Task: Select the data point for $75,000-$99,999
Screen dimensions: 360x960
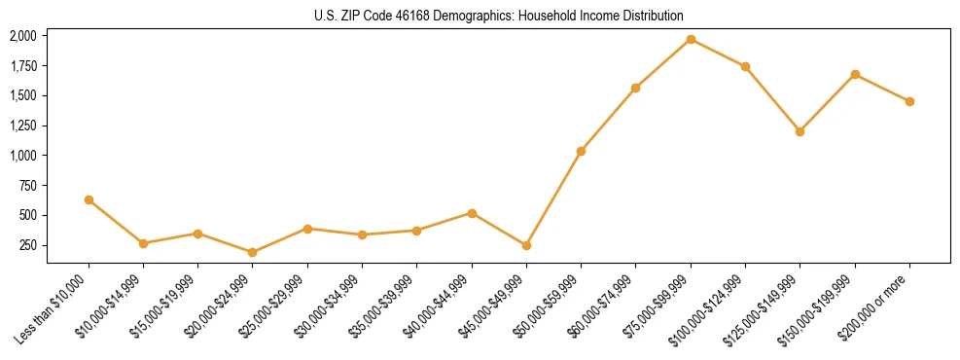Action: [x=691, y=40]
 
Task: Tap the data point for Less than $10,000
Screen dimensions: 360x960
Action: [x=89, y=199]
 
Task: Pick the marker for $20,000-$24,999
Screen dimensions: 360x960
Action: [x=253, y=252]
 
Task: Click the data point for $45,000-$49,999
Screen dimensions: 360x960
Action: [x=526, y=245]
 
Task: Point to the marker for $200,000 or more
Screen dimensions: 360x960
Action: [x=909, y=101]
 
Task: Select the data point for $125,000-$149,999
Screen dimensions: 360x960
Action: [x=800, y=131]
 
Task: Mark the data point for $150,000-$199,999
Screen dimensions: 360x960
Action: [x=855, y=74]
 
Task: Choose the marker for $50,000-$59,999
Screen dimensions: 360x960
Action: [x=581, y=151]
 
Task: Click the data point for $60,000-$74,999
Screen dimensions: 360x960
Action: [x=635, y=88]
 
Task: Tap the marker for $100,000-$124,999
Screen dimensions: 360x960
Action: [x=745, y=66]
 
